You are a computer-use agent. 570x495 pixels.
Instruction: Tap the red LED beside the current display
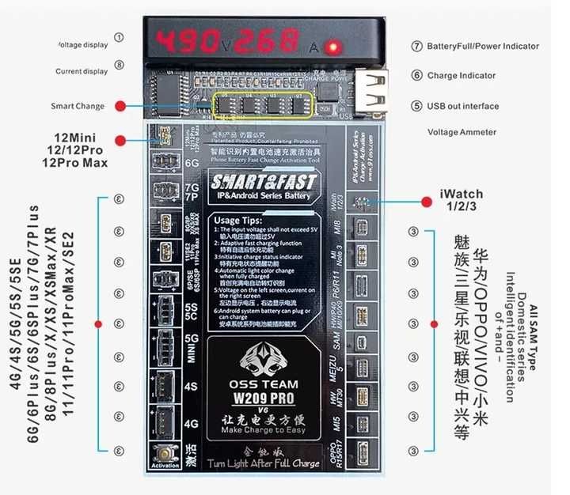coord(335,47)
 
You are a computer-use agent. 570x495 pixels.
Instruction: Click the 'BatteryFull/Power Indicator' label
coord(483,47)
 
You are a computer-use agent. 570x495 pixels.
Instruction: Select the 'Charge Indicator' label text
coord(462,76)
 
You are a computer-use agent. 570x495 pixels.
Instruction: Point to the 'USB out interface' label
coord(463,106)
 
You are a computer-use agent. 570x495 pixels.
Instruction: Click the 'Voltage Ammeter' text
coord(462,132)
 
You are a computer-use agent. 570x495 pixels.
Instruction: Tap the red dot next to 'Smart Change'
coord(120,106)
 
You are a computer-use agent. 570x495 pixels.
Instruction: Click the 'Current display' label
coord(82,71)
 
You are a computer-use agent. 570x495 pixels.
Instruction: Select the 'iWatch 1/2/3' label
coord(462,199)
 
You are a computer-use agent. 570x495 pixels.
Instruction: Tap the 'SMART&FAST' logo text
coord(260,181)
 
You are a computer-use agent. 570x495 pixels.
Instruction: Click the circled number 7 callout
coord(416,47)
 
